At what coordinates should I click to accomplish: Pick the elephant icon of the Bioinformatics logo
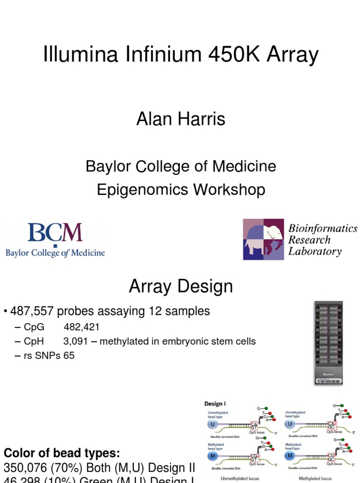point(263,239)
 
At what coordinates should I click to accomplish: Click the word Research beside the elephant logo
point(310,240)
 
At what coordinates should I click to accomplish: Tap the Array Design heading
point(181,286)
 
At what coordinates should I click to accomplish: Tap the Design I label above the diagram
point(215,403)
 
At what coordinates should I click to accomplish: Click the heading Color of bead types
point(62,453)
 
